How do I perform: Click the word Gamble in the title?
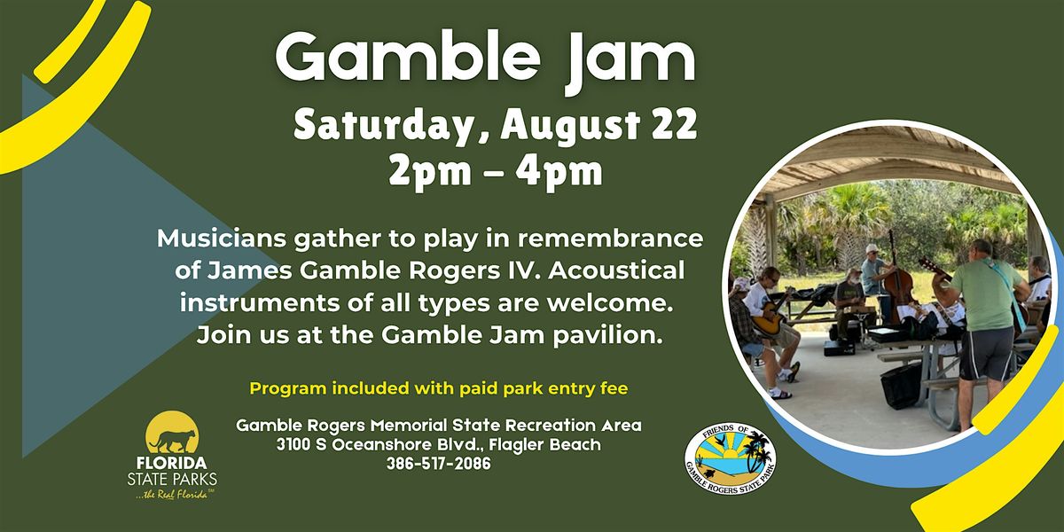pyautogui.click(x=408, y=58)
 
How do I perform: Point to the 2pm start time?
pyautogui.click(x=430, y=171)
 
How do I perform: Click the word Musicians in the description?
pyautogui.click(x=222, y=239)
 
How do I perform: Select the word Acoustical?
pyautogui.click(x=616, y=270)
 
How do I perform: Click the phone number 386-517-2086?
pyautogui.click(x=438, y=464)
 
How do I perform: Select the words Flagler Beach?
pyautogui.click(x=544, y=445)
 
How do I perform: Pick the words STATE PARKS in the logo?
pyautogui.click(x=172, y=478)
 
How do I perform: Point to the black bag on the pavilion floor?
pyautogui.click(x=902, y=384)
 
